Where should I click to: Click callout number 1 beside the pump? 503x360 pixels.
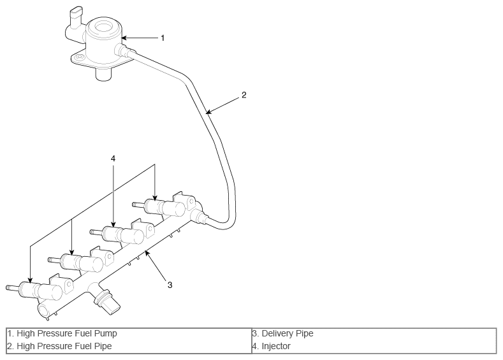click(x=163, y=38)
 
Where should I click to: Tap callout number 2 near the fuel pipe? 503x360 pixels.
click(x=244, y=95)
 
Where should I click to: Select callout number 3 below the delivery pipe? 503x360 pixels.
click(x=170, y=285)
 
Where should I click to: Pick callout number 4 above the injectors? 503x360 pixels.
click(x=113, y=159)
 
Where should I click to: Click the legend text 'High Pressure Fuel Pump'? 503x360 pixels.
click(x=67, y=333)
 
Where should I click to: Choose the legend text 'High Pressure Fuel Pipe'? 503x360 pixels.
click(x=64, y=346)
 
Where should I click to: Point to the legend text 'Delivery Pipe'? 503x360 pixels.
click(x=288, y=333)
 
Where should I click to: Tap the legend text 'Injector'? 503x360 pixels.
click(x=276, y=346)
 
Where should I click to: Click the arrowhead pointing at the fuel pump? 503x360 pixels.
click(x=124, y=38)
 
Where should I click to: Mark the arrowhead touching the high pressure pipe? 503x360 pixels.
click(x=208, y=112)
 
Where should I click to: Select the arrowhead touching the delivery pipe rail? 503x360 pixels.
click(x=147, y=253)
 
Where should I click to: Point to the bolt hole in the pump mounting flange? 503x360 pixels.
click(x=79, y=58)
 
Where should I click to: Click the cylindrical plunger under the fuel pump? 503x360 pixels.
click(x=103, y=75)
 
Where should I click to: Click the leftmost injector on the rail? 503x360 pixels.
click(x=34, y=289)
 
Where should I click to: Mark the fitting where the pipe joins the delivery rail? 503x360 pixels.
click(x=201, y=217)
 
